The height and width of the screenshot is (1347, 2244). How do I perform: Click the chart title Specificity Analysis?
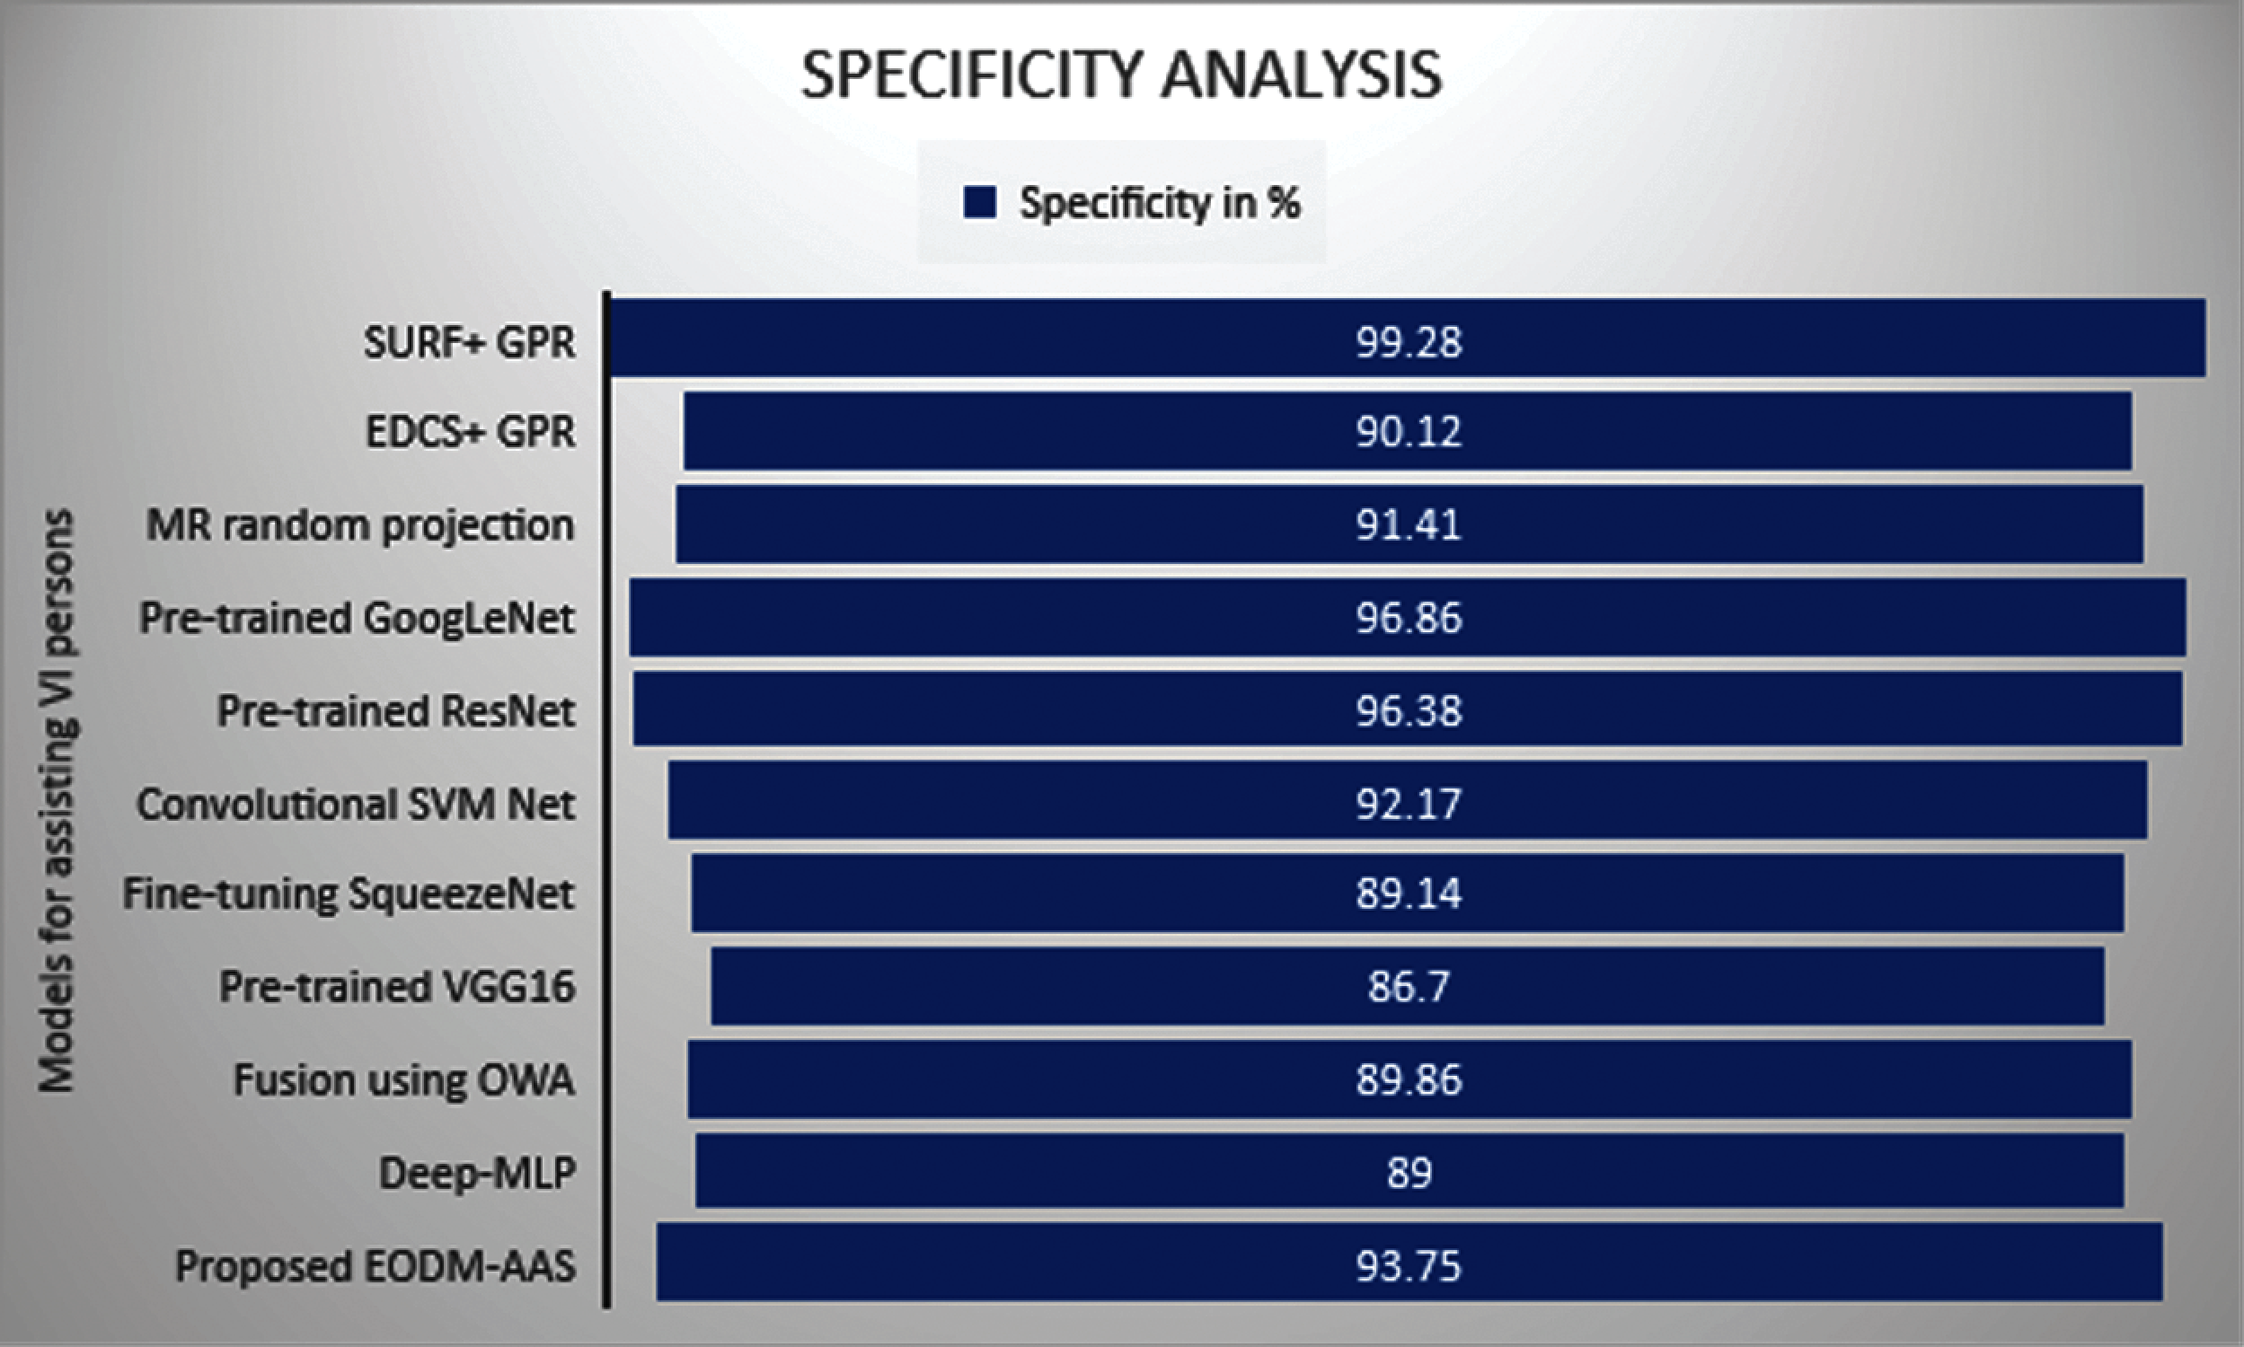click(1121, 75)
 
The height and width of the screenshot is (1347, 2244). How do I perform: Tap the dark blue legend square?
click(979, 202)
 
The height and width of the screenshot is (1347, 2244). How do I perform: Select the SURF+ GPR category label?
click(469, 342)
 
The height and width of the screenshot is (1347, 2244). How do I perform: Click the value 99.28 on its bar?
click(1409, 342)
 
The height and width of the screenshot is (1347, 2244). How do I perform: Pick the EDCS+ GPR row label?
click(470, 431)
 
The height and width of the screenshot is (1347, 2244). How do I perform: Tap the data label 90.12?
click(1409, 431)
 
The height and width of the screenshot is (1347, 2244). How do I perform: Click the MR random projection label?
click(360, 525)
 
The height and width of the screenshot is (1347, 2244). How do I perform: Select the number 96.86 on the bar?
click(1409, 618)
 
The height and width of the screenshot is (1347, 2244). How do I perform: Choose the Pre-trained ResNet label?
click(396, 710)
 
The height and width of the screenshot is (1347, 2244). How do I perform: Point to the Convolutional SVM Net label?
click(356, 805)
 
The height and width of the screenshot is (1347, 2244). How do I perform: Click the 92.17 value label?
click(1409, 805)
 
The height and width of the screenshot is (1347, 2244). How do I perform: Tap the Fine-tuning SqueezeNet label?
click(349, 894)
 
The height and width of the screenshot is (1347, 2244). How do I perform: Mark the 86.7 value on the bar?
click(1409, 987)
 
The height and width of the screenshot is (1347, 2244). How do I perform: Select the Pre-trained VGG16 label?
click(397, 987)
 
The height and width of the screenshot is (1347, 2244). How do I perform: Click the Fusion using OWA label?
click(404, 1080)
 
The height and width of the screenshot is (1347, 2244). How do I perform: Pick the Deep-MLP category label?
click(478, 1173)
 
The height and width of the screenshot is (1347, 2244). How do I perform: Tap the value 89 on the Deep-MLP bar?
click(1409, 1173)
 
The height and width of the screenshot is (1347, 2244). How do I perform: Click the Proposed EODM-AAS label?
click(375, 1266)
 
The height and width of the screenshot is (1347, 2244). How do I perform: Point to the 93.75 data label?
click(1409, 1266)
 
